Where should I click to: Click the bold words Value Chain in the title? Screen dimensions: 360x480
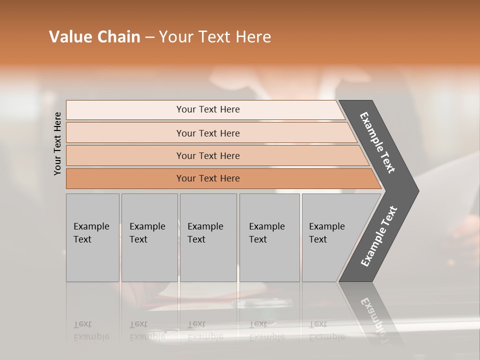(x=94, y=37)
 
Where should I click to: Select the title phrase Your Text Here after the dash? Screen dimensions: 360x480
(x=215, y=37)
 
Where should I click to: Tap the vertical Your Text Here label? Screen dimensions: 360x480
(x=57, y=143)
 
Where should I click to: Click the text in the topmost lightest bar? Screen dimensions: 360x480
(x=208, y=109)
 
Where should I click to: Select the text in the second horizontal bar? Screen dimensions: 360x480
(x=208, y=133)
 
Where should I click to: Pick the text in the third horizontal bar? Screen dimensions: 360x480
(x=208, y=156)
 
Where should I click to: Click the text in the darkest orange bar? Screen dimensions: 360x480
(x=208, y=178)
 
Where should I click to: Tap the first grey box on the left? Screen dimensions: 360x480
(x=92, y=237)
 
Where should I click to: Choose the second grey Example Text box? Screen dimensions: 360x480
(x=149, y=237)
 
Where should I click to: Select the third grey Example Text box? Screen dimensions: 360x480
(x=207, y=237)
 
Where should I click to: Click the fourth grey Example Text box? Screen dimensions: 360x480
(x=269, y=237)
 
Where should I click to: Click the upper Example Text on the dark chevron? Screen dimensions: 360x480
(x=377, y=142)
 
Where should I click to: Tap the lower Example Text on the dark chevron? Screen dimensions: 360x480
(x=379, y=236)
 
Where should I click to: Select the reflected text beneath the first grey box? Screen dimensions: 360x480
(x=91, y=330)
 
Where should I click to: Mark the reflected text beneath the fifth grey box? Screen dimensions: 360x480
(x=327, y=330)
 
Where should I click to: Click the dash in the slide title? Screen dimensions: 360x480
(x=149, y=37)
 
